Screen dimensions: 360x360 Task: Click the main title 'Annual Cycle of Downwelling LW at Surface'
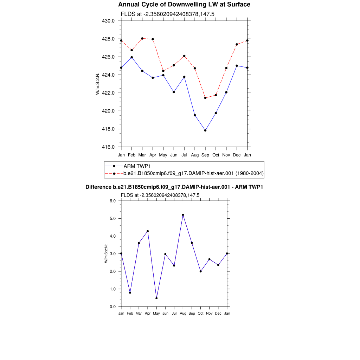click(x=184, y=5)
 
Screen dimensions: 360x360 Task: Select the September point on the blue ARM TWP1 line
click(x=205, y=130)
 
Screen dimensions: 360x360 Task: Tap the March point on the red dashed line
click(x=142, y=38)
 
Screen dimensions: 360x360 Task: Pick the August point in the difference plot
click(x=183, y=215)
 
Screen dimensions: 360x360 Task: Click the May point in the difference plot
click(x=156, y=298)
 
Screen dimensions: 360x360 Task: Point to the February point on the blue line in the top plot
click(x=131, y=57)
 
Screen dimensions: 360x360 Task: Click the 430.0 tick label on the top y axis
click(x=108, y=21)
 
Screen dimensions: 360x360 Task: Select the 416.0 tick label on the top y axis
click(x=108, y=147)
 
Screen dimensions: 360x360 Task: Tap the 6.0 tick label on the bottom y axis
click(x=112, y=201)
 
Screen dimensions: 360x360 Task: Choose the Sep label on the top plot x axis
click(x=205, y=155)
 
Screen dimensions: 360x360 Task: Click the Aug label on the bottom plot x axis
click(x=183, y=313)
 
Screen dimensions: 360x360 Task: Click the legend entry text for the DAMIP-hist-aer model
click(x=193, y=173)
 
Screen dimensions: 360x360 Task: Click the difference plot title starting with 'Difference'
click(x=174, y=187)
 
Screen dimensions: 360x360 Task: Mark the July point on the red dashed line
click(x=184, y=56)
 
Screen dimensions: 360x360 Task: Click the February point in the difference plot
click(x=130, y=292)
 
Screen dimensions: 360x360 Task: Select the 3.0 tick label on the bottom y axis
click(x=112, y=254)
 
